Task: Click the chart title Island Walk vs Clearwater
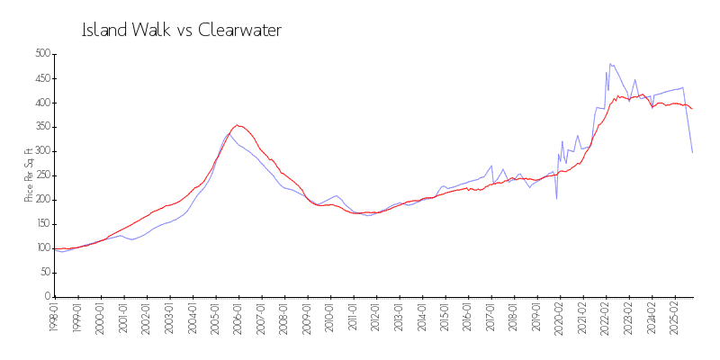[x=182, y=31]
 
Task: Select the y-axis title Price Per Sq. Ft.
[x=29, y=175]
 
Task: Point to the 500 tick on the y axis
[x=40, y=54]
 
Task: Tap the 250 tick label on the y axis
[x=40, y=175]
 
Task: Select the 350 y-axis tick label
[x=40, y=127]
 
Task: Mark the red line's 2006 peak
[x=238, y=125]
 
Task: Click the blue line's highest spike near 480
[x=610, y=64]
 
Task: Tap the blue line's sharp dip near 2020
[x=556, y=198]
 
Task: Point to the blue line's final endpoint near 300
[x=692, y=152]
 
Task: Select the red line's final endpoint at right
[x=692, y=109]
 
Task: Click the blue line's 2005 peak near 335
[x=228, y=134]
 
